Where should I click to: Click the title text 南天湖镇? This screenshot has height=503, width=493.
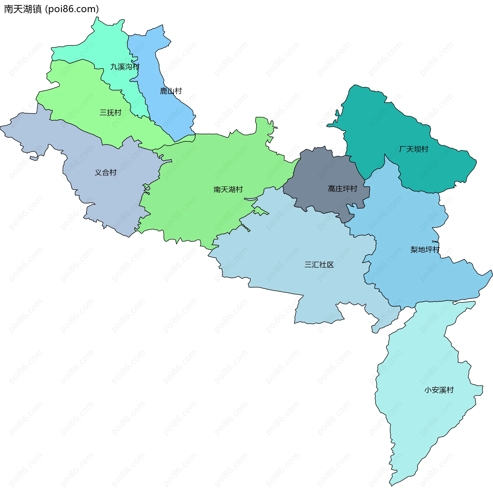(x=23, y=9)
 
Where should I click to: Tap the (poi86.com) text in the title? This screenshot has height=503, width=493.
(x=72, y=9)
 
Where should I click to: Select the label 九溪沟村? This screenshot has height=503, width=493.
(x=125, y=67)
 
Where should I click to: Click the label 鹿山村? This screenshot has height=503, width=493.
(x=171, y=91)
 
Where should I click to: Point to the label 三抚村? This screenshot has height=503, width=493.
(x=111, y=113)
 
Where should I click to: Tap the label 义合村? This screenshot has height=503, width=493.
(x=106, y=172)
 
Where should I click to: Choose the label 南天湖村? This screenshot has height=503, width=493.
(x=228, y=189)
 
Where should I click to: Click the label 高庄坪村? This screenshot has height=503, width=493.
(x=342, y=189)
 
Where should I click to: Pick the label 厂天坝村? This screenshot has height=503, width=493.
(x=413, y=149)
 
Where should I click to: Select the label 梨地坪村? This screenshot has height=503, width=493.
(x=425, y=249)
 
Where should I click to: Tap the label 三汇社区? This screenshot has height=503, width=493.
(x=319, y=264)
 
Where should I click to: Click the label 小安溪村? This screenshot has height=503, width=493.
(x=439, y=390)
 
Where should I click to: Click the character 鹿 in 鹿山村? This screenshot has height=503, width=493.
(x=164, y=91)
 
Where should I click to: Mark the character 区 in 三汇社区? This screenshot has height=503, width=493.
(x=330, y=264)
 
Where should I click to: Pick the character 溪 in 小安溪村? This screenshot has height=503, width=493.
(x=443, y=390)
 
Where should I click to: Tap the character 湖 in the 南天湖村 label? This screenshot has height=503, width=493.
(x=232, y=189)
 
